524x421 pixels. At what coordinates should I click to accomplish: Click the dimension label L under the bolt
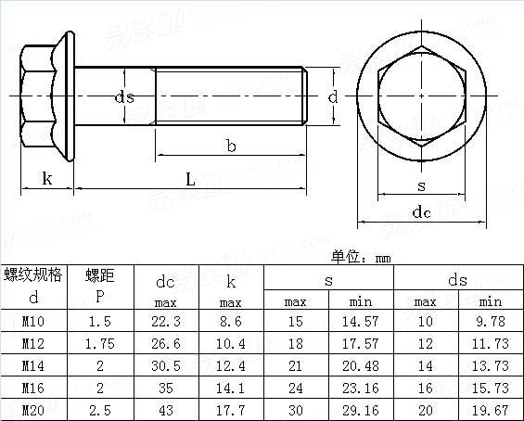click(190, 179)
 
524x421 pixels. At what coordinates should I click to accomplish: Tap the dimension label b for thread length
click(230, 145)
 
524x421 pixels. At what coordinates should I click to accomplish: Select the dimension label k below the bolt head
click(46, 179)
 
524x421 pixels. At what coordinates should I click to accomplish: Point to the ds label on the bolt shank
click(124, 97)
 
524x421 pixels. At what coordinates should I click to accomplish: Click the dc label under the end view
click(421, 212)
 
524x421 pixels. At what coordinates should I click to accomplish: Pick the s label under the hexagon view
click(421, 185)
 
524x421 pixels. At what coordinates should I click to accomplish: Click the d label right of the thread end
click(332, 96)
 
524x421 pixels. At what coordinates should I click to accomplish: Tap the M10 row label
click(33, 321)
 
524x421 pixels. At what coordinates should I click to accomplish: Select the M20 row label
click(33, 409)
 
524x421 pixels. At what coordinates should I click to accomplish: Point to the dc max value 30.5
click(166, 365)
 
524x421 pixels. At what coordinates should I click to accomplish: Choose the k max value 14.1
click(231, 388)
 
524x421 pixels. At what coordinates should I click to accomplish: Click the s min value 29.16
click(361, 409)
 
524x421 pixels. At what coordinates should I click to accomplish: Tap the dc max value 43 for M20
click(166, 409)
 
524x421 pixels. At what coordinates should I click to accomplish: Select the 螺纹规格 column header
click(33, 274)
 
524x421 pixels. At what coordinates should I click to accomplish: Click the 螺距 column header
click(100, 274)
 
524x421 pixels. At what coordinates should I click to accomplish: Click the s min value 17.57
click(361, 343)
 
